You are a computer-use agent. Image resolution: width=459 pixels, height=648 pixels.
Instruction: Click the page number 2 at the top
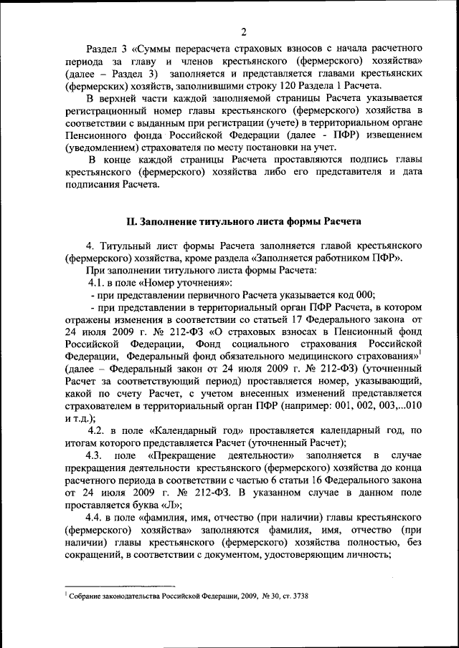243,31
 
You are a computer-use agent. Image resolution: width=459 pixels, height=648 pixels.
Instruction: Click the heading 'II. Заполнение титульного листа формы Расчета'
243,221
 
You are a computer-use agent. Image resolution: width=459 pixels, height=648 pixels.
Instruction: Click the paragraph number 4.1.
97,282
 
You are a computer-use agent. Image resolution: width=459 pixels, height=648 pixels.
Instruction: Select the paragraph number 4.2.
98,430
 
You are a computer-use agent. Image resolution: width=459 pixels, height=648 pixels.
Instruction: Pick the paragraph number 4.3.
95,455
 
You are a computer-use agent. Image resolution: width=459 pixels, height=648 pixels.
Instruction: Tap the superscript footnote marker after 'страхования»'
420,352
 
